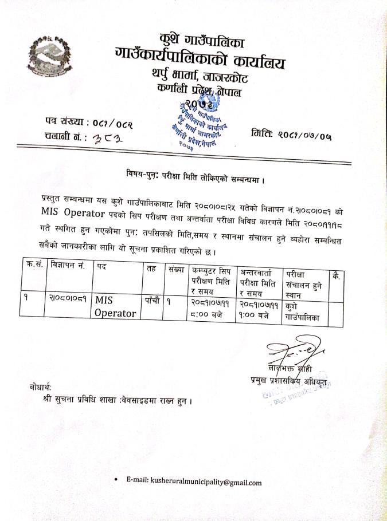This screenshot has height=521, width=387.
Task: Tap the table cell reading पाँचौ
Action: (x=152, y=299)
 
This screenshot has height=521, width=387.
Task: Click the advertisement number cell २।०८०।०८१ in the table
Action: (x=68, y=299)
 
